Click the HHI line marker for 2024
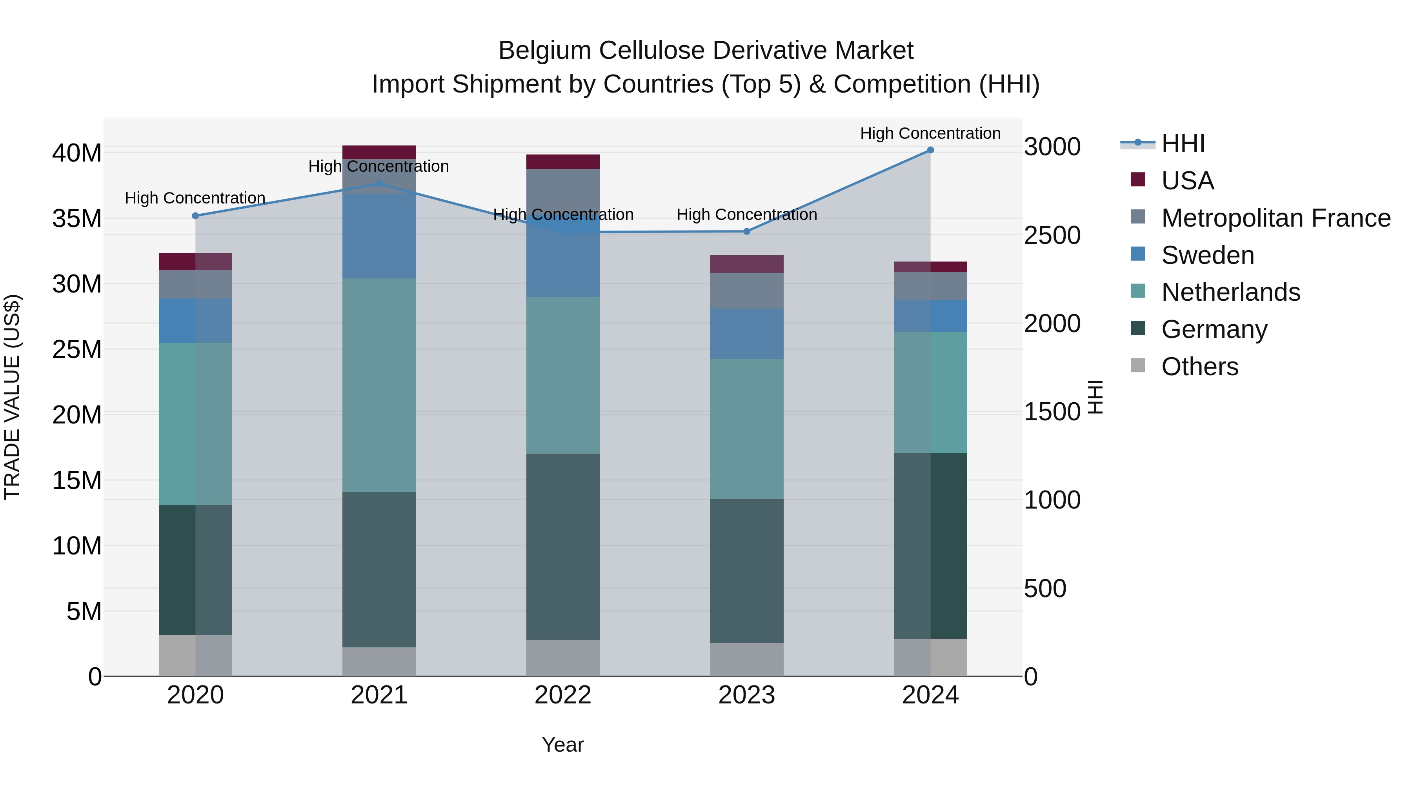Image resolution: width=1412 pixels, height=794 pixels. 930,150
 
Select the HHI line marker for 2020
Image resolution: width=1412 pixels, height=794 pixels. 196,216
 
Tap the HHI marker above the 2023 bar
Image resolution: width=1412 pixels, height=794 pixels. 746,231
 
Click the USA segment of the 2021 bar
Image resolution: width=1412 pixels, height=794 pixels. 379,153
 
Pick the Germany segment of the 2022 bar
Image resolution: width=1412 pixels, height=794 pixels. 563,546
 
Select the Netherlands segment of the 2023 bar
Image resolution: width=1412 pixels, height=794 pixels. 746,429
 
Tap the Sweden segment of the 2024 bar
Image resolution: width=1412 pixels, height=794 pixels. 930,316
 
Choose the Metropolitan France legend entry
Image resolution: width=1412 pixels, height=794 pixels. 1276,218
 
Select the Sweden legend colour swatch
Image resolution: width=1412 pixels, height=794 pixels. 1138,254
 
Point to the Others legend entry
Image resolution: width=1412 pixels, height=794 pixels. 1199,367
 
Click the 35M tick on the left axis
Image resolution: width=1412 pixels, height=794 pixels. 77,219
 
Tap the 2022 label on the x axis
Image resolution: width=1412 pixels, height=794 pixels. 563,695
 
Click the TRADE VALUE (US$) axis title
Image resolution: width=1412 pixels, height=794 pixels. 12,397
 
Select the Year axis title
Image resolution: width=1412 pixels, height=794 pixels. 563,745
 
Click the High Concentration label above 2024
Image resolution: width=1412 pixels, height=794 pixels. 930,133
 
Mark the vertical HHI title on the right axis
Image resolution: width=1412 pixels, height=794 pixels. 1095,397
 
